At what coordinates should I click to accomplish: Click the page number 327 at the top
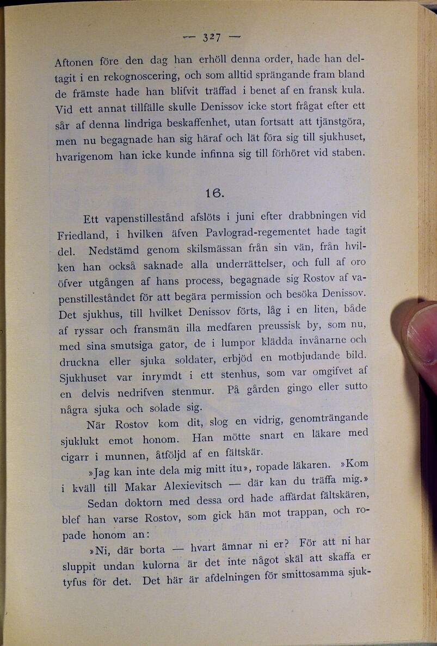point(211,38)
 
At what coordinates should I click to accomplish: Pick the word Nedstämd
point(114,251)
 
